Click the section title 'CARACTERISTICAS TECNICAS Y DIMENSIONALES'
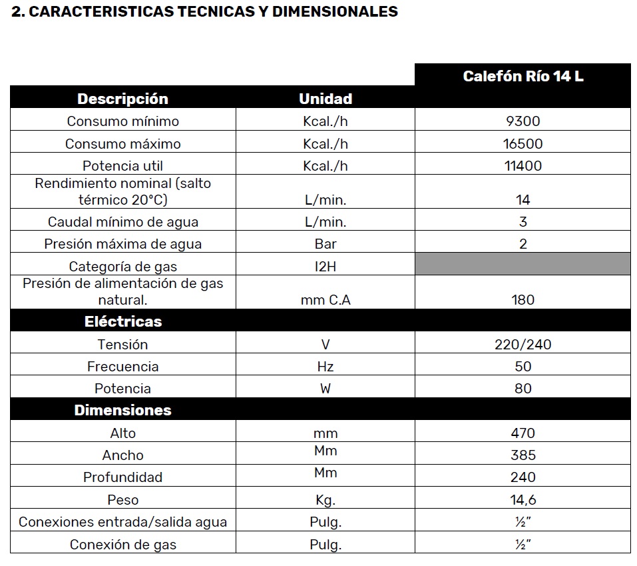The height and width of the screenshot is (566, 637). [x=204, y=12]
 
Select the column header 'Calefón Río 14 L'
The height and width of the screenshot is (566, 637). [x=523, y=76]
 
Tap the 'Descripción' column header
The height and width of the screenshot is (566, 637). [x=122, y=99]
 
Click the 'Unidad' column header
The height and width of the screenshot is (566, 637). [x=325, y=99]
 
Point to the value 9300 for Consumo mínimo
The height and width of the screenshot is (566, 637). [x=523, y=121]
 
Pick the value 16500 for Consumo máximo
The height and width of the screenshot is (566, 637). [x=523, y=144]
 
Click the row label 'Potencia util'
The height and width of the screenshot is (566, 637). [x=122, y=166]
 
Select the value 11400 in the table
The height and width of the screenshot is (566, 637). [x=523, y=166]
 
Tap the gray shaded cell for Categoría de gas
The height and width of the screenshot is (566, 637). [x=523, y=264]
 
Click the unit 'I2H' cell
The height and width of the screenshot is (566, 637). [x=325, y=267]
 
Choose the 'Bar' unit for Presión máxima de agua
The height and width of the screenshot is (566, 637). [x=325, y=244]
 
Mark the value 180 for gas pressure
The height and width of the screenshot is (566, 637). [x=523, y=300]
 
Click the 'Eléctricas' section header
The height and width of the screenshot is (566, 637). [x=122, y=321]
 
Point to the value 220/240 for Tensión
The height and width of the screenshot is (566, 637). [x=523, y=345]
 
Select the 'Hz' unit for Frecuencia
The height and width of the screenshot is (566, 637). [x=325, y=367]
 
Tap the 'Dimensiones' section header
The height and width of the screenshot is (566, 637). [x=122, y=410]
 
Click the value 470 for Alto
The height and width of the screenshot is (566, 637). [x=523, y=433]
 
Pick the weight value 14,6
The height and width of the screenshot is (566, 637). [x=523, y=500]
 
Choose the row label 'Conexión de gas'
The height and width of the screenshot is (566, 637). [x=122, y=545]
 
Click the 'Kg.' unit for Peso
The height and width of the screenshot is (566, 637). [x=325, y=500]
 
